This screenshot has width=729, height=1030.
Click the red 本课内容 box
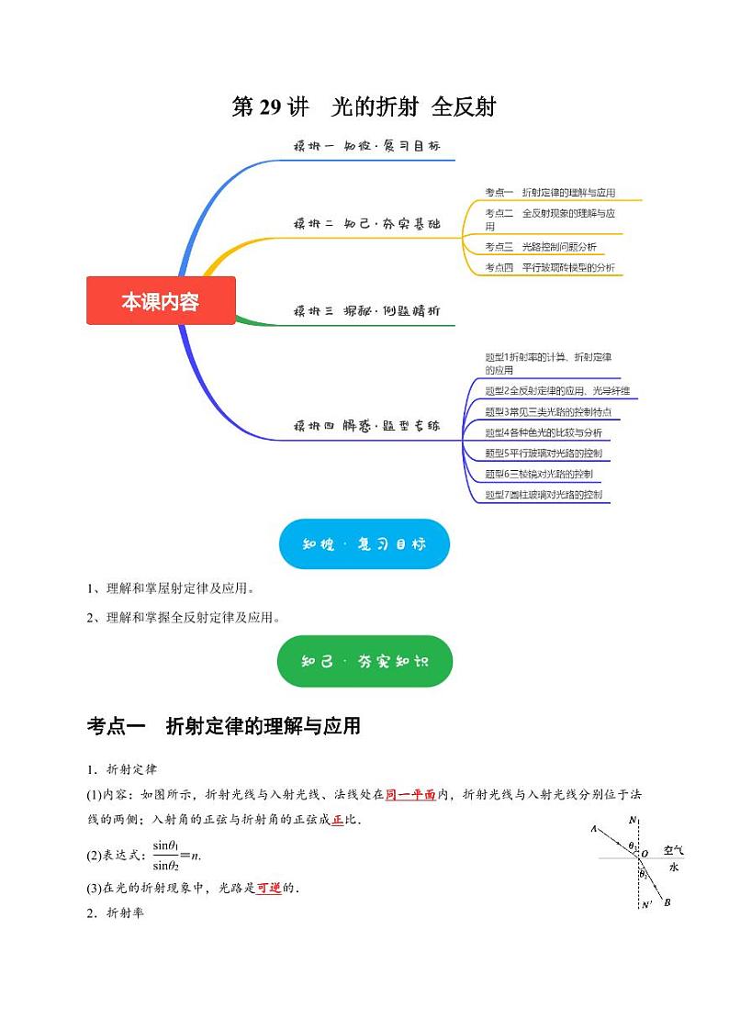pyautogui.click(x=161, y=301)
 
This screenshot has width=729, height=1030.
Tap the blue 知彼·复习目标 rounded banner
pyautogui.click(x=364, y=543)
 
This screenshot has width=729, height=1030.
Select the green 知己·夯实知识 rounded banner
pyautogui.click(x=364, y=661)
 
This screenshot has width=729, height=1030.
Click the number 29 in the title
pyautogui.click(x=270, y=107)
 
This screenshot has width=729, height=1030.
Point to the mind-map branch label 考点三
pyautogui.click(x=499, y=247)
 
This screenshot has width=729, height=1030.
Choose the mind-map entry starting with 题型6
pyautogui.click(x=538, y=475)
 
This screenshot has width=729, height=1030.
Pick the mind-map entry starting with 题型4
pyautogui.click(x=543, y=432)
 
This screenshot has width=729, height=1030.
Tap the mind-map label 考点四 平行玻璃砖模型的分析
pyautogui.click(x=550, y=268)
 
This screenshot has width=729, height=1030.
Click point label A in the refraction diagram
pyautogui.click(x=594, y=829)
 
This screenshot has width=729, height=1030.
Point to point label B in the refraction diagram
pyautogui.click(x=667, y=903)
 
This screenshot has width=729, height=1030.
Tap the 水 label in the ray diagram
pyautogui.click(x=673, y=867)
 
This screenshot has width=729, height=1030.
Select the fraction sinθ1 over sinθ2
pyautogui.click(x=166, y=855)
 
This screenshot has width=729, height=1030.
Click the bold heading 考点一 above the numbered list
pyautogui.click(x=116, y=727)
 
